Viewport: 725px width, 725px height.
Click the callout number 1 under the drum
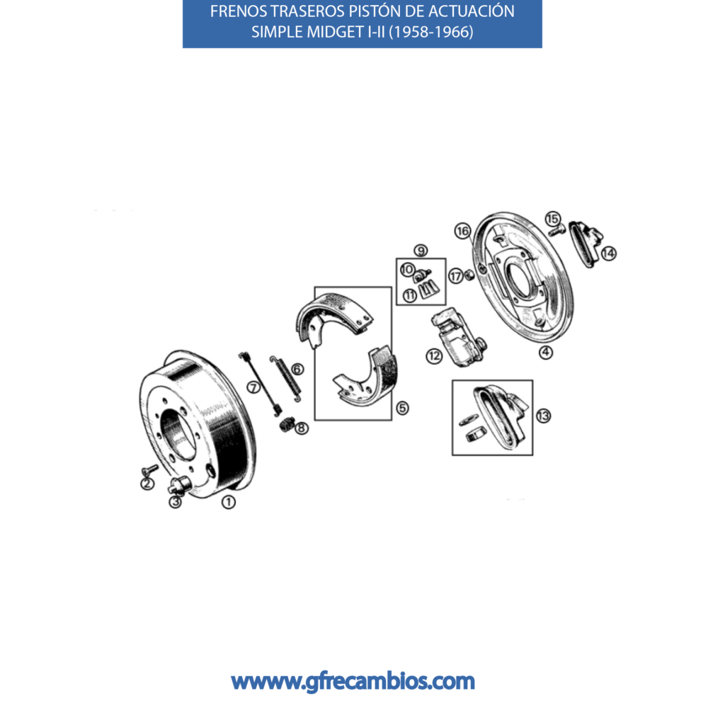click(229, 502)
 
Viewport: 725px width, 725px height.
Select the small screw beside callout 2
click(150, 470)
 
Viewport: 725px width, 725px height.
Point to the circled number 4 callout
click(546, 353)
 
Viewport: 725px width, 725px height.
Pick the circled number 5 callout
click(403, 408)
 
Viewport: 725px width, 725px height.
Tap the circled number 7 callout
click(254, 387)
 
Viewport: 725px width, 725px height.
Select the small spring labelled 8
click(287, 424)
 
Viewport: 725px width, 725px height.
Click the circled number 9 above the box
click(421, 250)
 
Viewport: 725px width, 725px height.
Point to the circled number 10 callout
click(407, 270)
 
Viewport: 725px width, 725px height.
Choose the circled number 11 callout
click(410, 295)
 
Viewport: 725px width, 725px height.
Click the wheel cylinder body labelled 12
click(458, 338)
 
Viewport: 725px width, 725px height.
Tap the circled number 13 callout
click(544, 416)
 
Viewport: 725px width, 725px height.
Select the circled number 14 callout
click(608, 253)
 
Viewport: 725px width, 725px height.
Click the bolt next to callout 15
click(556, 230)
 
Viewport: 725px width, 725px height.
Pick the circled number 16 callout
click(462, 231)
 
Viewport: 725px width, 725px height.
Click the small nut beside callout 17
click(468, 275)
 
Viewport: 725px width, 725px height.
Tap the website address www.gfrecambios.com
click(353, 682)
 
